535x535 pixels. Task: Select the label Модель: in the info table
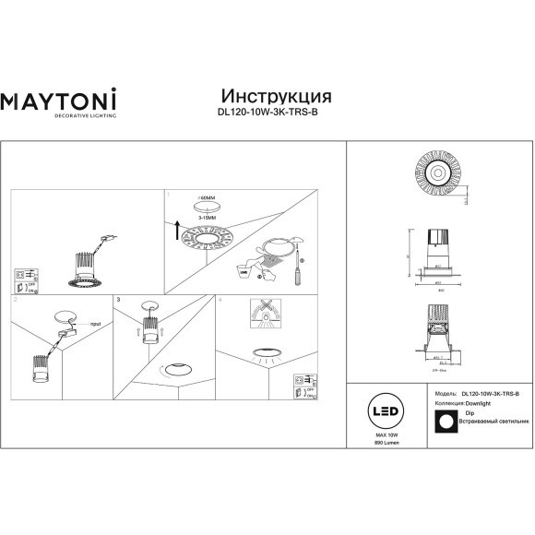445,393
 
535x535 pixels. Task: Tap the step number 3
119,300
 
